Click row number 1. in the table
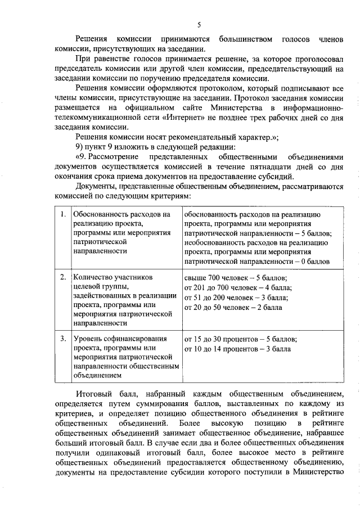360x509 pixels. point(63,215)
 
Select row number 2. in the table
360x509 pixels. point(63,278)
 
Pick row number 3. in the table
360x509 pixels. point(63,339)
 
